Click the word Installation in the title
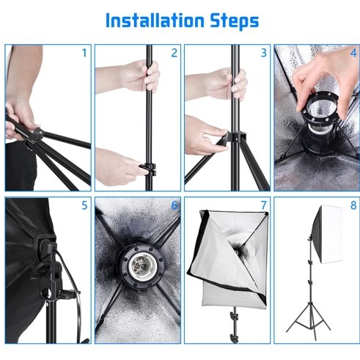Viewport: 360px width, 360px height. click(x=155, y=21)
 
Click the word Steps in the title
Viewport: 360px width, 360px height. click(x=235, y=21)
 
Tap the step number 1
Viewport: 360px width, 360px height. click(x=84, y=53)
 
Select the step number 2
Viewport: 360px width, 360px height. click(x=175, y=53)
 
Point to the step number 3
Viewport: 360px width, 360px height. click(x=264, y=53)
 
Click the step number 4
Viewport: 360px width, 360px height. click(x=353, y=53)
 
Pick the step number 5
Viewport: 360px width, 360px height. click(x=84, y=205)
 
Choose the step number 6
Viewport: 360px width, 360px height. click(x=175, y=205)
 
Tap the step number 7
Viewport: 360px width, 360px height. click(x=264, y=205)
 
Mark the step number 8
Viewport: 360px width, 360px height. click(x=353, y=205)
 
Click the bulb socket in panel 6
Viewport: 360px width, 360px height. click(x=138, y=266)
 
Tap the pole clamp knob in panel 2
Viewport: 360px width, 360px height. click(x=148, y=169)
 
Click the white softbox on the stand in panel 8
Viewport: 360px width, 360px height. click(x=327, y=235)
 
